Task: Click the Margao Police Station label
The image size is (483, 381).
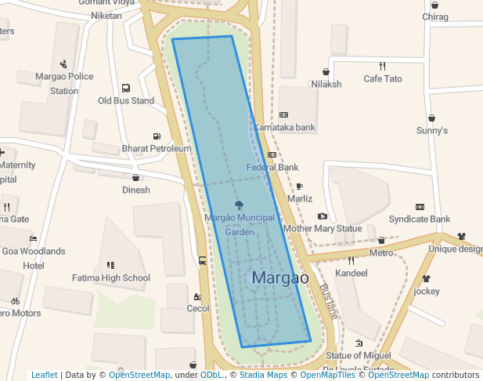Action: click(64, 83)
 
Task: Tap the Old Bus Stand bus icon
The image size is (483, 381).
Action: click(126, 89)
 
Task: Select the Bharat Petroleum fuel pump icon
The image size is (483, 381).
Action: click(157, 136)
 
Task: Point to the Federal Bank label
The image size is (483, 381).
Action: click(272, 167)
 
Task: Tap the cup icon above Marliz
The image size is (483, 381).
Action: click(299, 187)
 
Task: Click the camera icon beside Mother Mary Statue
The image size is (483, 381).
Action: click(323, 216)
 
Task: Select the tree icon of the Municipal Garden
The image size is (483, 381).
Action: click(240, 205)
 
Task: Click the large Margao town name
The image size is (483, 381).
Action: click(280, 278)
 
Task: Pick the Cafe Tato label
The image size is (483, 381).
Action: click(383, 78)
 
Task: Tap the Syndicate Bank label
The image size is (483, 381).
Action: click(420, 219)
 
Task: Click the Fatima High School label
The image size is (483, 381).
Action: click(111, 278)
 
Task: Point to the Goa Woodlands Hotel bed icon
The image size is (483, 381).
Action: click(33, 238)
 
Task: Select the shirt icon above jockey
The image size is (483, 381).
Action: click(427, 278)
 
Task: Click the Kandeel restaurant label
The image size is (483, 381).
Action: click(351, 273)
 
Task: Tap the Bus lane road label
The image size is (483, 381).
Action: click(329, 300)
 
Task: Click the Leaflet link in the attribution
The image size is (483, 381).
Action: click(45, 375)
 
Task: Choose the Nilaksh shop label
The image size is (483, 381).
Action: click(326, 84)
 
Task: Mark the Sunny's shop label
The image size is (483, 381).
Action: click(431, 130)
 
